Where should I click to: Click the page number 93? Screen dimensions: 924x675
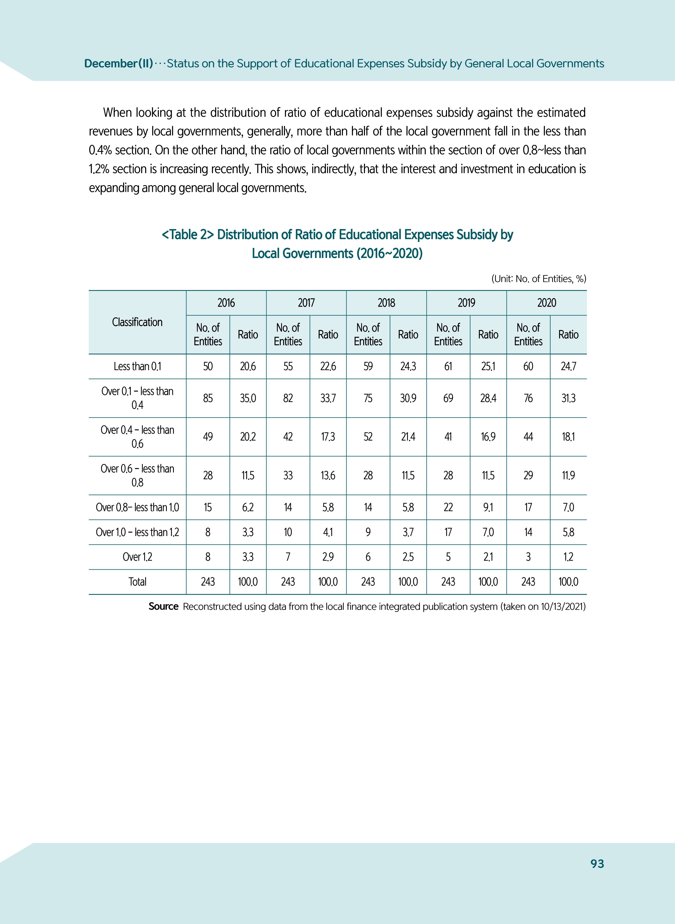(x=597, y=864)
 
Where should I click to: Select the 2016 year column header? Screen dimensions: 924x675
(x=226, y=303)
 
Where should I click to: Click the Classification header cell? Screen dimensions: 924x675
(x=137, y=322)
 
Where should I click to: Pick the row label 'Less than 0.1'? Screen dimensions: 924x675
(x=137, y=366)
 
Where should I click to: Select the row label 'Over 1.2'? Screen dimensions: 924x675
(x=137, y=557)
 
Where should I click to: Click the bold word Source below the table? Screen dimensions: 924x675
(x=163, y=606)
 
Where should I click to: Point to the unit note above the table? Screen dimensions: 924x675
(x=538, y=279)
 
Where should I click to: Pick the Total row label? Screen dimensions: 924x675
(x=137, y=582)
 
